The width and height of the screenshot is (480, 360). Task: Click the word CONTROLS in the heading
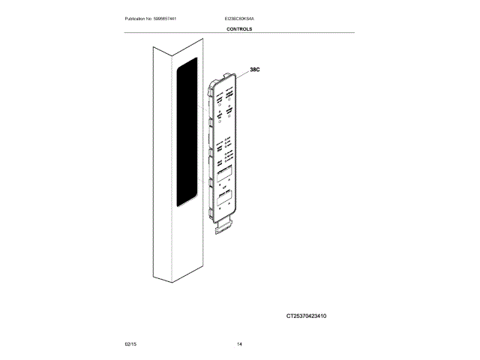(x=239, y=29)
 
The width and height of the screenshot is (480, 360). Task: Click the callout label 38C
(x=254, y=70)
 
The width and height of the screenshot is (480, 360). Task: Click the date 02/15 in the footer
(x=130, y=344)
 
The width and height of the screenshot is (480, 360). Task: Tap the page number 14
(x=239, y=344)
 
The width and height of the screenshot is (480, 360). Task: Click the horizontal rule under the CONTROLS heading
(x=239, y=34)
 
